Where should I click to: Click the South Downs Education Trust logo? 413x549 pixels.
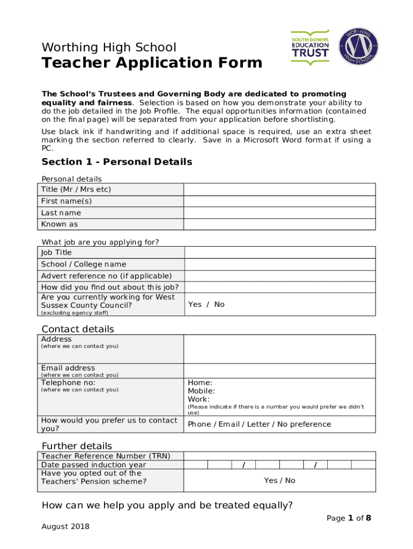pos(310,47)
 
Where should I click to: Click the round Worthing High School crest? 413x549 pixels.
pos(358,47)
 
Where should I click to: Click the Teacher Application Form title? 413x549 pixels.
pos(152,63)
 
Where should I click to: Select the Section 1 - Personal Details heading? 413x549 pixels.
pos(116,162)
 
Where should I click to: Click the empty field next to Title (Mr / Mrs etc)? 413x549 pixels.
pos(279,190)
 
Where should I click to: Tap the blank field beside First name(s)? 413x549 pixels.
pos(279,202)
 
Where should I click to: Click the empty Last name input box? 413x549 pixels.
pos(279,213)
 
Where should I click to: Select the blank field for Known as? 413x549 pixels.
pos(279,225)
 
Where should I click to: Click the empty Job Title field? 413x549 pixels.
pos(279,253)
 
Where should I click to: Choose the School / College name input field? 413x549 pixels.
pos(279,264)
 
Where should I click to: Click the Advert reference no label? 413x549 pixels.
pos(106,276)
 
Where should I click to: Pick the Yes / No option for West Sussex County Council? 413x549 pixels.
pos(206,305)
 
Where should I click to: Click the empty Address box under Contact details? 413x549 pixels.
pos(279,349)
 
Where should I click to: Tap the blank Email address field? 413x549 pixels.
pos(279,370)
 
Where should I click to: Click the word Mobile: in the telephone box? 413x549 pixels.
pos(201,391)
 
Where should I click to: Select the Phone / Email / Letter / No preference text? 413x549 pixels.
pos(259,425)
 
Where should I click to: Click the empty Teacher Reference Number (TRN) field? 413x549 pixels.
pos(279,456)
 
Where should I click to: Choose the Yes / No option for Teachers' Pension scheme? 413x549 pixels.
pos(279,480)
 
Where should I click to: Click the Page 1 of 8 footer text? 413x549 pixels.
pos(349,518)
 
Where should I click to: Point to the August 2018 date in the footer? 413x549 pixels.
pos(65,526)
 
